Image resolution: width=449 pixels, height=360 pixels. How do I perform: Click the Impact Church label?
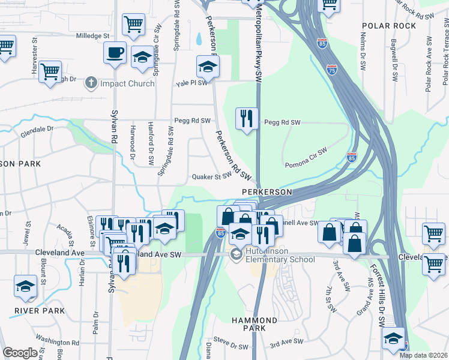(x=127, y=83)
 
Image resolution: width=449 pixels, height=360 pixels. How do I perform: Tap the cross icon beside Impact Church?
(x=91, y=82)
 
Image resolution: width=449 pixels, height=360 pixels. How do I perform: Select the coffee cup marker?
(x=115, y=52)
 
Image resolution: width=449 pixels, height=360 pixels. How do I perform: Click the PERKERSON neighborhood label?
(x=267, y=192)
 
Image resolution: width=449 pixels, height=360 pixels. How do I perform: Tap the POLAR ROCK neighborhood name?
(x=389, y=26)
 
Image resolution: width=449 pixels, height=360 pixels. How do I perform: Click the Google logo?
(x=20, y=353)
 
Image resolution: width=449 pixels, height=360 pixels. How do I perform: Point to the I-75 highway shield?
(x=332, y=70)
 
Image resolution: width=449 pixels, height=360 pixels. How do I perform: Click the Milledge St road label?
(x=92, y=36)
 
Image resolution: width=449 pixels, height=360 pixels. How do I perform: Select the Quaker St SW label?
(x=211, y=177)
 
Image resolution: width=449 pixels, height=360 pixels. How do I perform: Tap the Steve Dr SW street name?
(x=231, y=347)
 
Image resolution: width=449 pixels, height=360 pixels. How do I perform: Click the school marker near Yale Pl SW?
(x=207, y=67)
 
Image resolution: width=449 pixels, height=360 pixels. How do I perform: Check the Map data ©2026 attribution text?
(x=424, y=355)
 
